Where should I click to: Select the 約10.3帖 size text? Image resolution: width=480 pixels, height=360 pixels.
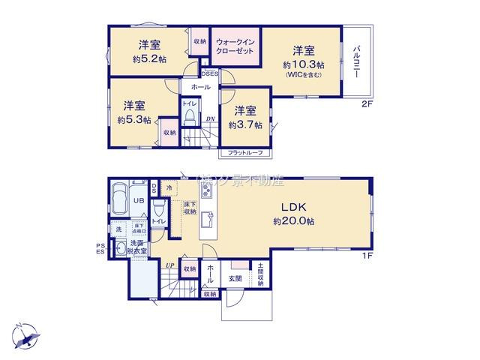click(x=304, y=65)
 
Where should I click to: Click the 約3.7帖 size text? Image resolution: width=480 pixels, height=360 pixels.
click(x=247, y=125)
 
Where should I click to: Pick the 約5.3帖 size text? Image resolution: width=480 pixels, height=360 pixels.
click(x=134, y=119)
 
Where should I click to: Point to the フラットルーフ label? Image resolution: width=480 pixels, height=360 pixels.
click(x=245, y=153)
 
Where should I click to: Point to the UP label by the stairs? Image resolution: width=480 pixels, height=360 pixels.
click(x=172, y=265)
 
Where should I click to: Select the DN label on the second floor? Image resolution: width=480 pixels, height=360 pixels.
click(x=211, y=119)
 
